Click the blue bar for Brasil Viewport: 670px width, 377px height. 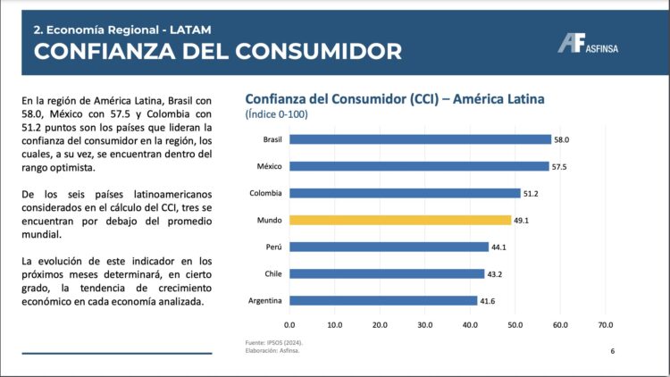coord(420,139)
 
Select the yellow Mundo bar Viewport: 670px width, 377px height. coord(400,220)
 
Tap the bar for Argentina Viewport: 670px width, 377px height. coord(383,300)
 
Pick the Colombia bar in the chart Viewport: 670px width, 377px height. coord(405,193)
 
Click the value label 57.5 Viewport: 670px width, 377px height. coord(560,166)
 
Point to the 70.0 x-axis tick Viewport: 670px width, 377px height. coord(605,324)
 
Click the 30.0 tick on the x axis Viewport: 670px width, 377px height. coord(424,324)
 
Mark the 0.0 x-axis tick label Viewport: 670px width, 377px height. coord(289,324)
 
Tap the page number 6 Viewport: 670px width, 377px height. coord(612,351)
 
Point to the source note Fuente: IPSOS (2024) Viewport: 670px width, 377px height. coord(272,342)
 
